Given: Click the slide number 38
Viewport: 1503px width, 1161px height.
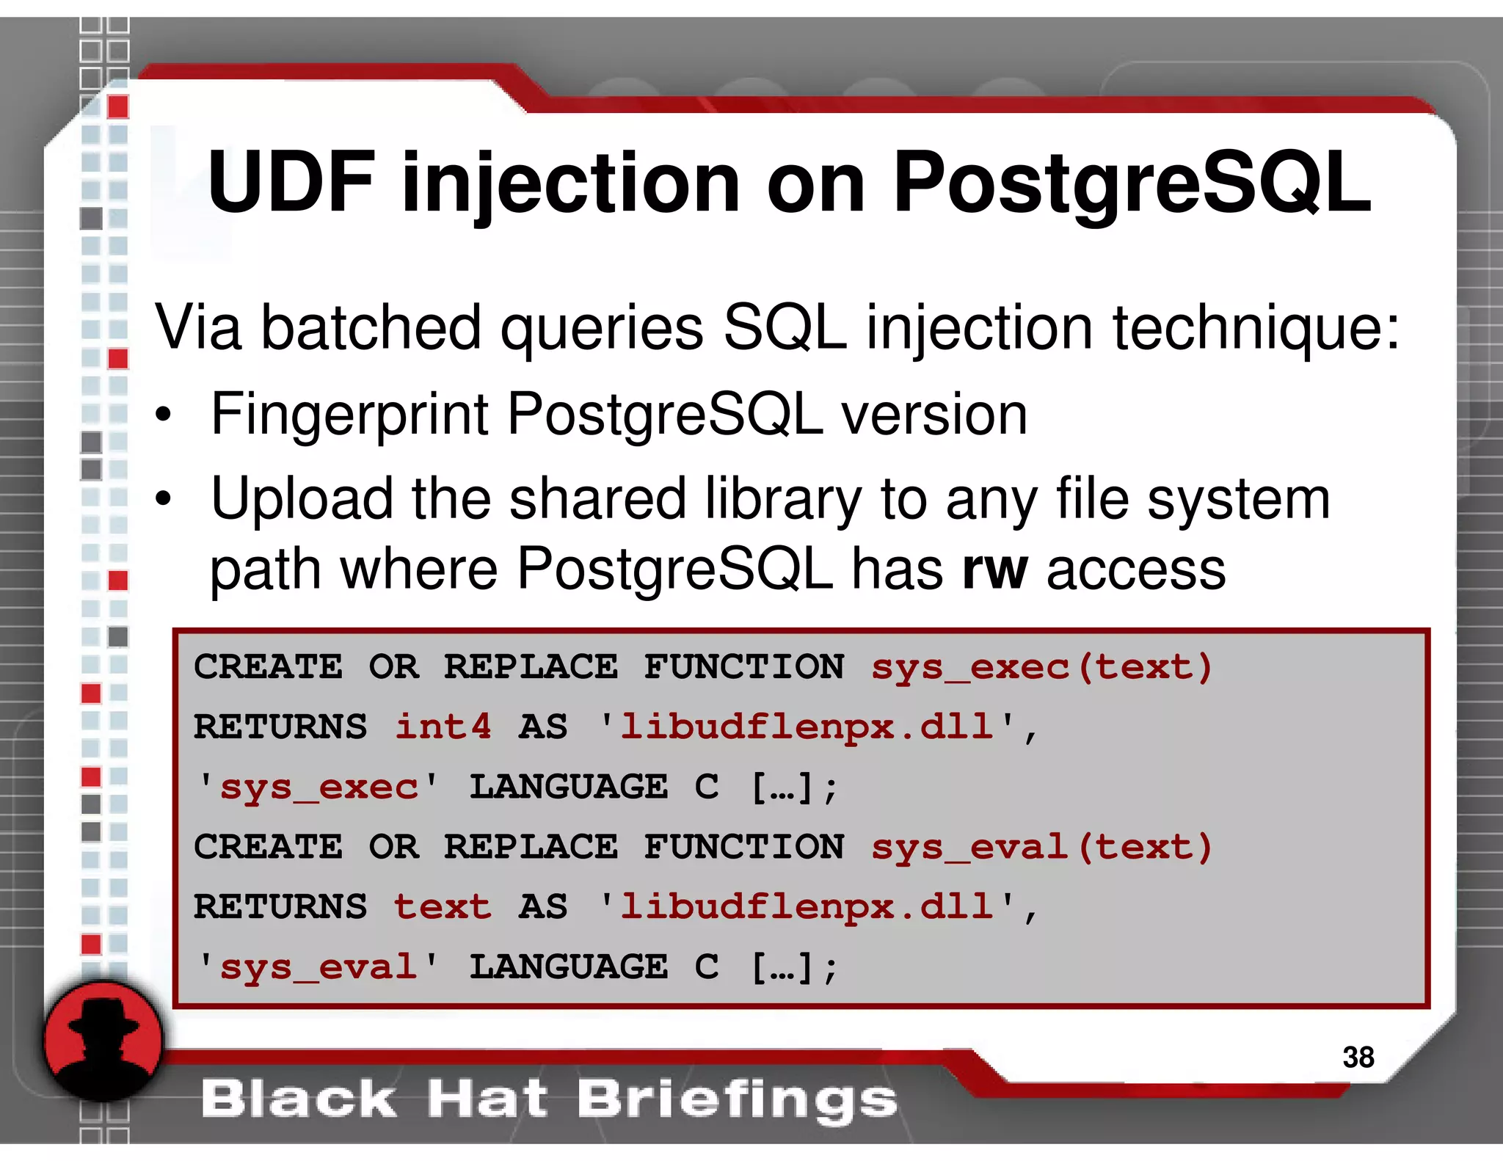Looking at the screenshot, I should pos(1358,1057).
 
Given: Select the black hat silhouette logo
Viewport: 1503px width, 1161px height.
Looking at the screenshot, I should pos(103,1041).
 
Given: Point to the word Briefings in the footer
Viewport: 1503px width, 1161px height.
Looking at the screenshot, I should pos(737,1099).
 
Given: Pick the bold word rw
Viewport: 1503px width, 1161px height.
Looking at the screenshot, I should pos(994,569).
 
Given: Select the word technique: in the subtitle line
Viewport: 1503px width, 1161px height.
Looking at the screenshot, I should pos(1256,328).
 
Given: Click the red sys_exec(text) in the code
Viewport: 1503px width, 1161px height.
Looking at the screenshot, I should pos(1041,667).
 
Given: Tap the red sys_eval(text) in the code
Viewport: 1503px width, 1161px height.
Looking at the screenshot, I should pos(1041,847).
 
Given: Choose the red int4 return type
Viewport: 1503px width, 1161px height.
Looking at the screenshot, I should pos(443,727).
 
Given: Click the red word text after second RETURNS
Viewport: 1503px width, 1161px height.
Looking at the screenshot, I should pos(443,906).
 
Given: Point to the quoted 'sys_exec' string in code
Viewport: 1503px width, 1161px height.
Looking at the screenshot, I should pos(319,787).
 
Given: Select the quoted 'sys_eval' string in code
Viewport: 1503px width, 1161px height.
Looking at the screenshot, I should pos(319,967).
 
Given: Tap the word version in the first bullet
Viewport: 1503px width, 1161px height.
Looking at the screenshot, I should pos(934,415).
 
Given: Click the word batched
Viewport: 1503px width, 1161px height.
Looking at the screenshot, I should pos(371,327).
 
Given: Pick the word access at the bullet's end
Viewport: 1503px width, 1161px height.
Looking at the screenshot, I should pos(1135,569).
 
